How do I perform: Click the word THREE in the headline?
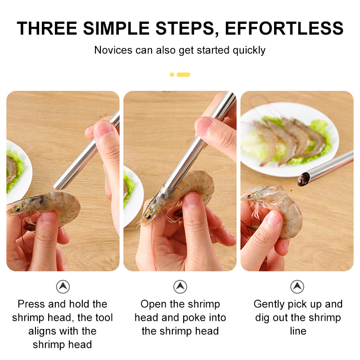click(47, 28)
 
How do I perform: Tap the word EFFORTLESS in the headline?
click(284, 28)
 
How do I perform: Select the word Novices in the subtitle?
click(113, 50)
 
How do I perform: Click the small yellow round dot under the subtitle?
click(172, 75)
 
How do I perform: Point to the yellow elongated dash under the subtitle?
click(183, 75)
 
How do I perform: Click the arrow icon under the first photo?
click(63, 287)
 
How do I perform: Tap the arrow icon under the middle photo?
click(180, 287)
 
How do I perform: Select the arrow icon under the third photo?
click(297, 287)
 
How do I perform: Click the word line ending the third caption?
click(298, 331)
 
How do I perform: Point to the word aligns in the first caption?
click(43, 332)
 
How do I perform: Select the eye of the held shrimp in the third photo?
click(248, 197)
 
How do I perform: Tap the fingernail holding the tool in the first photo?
click(103, 130)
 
